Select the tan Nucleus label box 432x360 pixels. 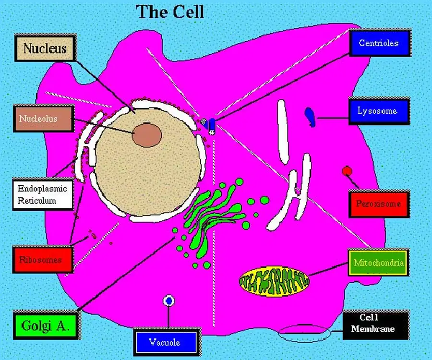click(x=45, y=48)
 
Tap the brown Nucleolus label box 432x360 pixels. click(x=44, y=118)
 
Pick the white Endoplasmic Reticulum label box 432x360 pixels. click(x=42, y=194)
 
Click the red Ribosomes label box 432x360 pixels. click(x=43, y=260)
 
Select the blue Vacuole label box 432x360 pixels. click(x=165, y=342)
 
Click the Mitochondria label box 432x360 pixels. click(x=378, y=263)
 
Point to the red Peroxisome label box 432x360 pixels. click(x=378, y=204)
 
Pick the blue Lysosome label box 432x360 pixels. click(x=378, y=111)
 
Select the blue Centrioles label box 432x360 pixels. click(x=379, y=43)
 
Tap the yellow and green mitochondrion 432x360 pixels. click(x=274, y=281)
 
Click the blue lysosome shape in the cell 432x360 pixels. click(x=311, y=117)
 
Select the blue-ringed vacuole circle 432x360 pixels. click(x=168, y=301)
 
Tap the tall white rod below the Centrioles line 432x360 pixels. click(x=283, y=132)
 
